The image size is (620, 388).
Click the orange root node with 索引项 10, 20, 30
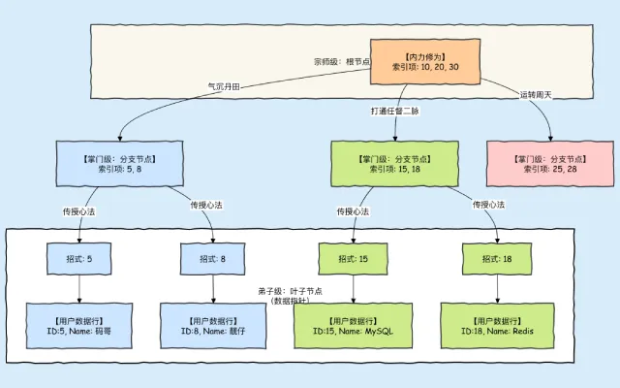coord(426,61)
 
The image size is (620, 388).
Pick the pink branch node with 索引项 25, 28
coord(549,163)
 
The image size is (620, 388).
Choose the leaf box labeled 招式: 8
coord(212,259)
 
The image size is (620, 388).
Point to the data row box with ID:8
coord(212,325)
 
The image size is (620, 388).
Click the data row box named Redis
coord(498,325)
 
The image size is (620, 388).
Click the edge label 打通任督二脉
coord(395,112)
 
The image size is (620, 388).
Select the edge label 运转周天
coord(537,94)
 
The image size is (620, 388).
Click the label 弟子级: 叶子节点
coord(290,295)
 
